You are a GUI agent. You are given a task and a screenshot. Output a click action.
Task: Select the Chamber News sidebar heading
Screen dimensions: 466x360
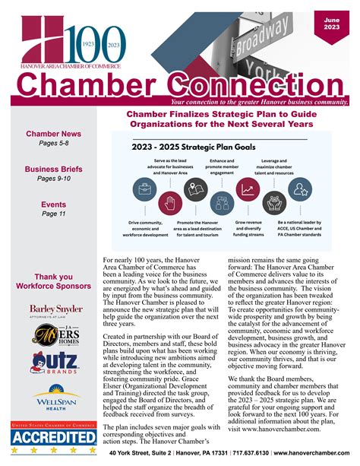tap(53, 135)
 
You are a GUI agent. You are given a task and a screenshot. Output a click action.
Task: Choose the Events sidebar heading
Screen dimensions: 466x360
tap(53, 204)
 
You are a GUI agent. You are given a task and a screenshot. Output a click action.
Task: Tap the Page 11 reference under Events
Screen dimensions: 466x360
tap(53, 214)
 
